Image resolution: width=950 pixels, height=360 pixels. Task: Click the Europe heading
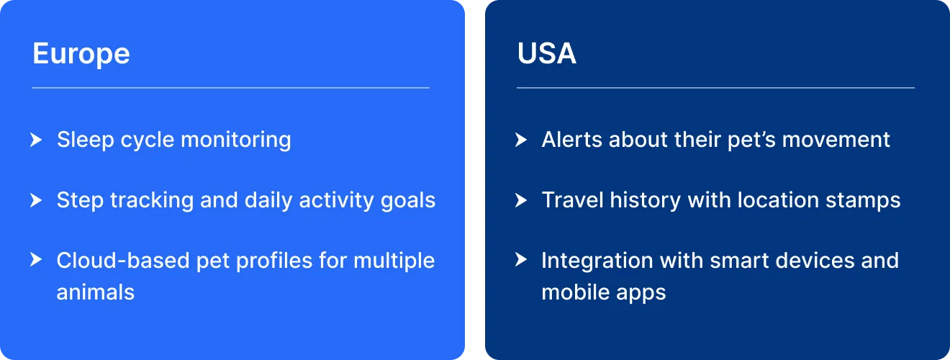[81, 54]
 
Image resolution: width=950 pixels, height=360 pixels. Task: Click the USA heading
[547, 53]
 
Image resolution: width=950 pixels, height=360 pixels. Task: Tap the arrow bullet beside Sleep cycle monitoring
[36, 140]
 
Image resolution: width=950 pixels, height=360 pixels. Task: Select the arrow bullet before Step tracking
[36, 200]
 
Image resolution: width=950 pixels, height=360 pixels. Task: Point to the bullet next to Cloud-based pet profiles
[36, 259]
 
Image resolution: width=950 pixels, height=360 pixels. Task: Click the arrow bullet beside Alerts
[521, 140]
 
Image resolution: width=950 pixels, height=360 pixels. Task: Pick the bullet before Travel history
[521, 200]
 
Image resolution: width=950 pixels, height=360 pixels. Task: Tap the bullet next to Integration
[521, 259]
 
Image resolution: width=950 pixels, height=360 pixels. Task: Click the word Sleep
[86, 140]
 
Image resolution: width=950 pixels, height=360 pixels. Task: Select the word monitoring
[236, 140]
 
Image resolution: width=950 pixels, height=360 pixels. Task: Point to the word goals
[408, 201]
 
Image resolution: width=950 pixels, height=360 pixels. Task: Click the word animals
[96, 292]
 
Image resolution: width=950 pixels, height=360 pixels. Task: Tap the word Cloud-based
[123, 260]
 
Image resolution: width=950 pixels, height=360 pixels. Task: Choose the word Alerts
[571, 140]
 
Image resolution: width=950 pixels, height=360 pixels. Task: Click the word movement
[836, 140]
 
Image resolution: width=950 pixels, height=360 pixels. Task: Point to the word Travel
[573, 200]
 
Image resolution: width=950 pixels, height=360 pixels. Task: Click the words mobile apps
[604, 293]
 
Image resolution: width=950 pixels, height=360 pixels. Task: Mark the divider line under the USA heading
[715, 88]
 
